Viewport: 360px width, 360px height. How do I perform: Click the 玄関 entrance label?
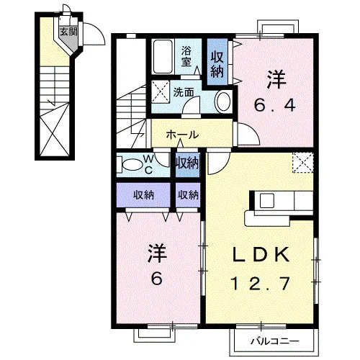(x=68, y=32)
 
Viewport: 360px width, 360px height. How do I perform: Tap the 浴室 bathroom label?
(x=186, y=56)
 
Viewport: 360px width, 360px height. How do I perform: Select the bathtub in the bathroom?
(x=163, y=57)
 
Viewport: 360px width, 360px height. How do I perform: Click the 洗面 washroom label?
(x=184, y=92)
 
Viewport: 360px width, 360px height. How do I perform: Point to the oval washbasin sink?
(x=223, y=101)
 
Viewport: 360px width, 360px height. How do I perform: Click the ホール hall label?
(x=182, y=135)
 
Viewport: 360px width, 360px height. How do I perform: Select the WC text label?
(x=149, y=164)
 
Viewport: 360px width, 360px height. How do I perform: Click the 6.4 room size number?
(x=274, y=106)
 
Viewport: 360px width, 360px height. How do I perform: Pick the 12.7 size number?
(x=260, y=284)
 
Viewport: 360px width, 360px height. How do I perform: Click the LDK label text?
(x=261, y=255)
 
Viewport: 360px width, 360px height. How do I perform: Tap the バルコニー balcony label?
(x=275, y=341)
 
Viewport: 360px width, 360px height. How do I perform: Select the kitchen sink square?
(x=267, y=200)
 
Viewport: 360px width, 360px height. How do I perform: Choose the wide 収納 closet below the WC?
(x=143, y=195)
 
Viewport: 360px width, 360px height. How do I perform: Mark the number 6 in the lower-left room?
(x=156, y=279)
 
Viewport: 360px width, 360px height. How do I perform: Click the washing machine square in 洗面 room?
(x=161, y=92)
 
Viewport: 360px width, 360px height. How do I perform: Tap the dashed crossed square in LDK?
(x=303, y=163)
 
